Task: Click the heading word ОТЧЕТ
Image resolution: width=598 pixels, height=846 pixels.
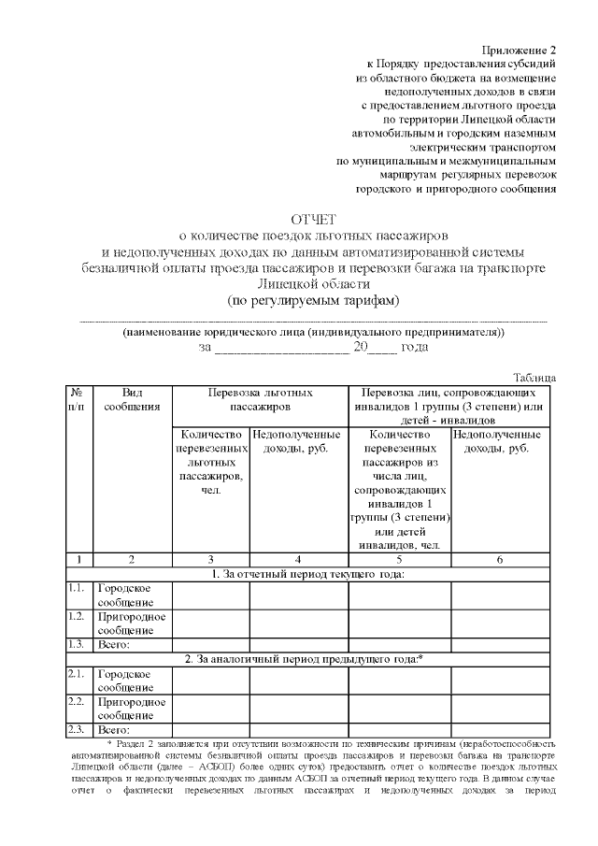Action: point(313,219)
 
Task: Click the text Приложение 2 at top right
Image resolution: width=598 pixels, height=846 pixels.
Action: point(519,48)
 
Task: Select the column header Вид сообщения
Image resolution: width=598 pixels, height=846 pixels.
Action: point(132,400)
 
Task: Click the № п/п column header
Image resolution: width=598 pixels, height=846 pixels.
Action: point(79,400)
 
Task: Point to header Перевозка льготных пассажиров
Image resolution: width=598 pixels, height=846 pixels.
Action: point(260,400)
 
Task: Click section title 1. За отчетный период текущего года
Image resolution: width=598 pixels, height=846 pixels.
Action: point(307,573)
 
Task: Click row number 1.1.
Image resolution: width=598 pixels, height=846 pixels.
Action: point(78,588)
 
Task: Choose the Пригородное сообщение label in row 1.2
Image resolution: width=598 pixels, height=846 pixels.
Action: point(132,623)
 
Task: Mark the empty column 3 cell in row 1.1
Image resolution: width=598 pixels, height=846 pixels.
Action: point(210,595)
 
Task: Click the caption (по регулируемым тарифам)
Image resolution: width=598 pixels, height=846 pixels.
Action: point(313,300)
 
